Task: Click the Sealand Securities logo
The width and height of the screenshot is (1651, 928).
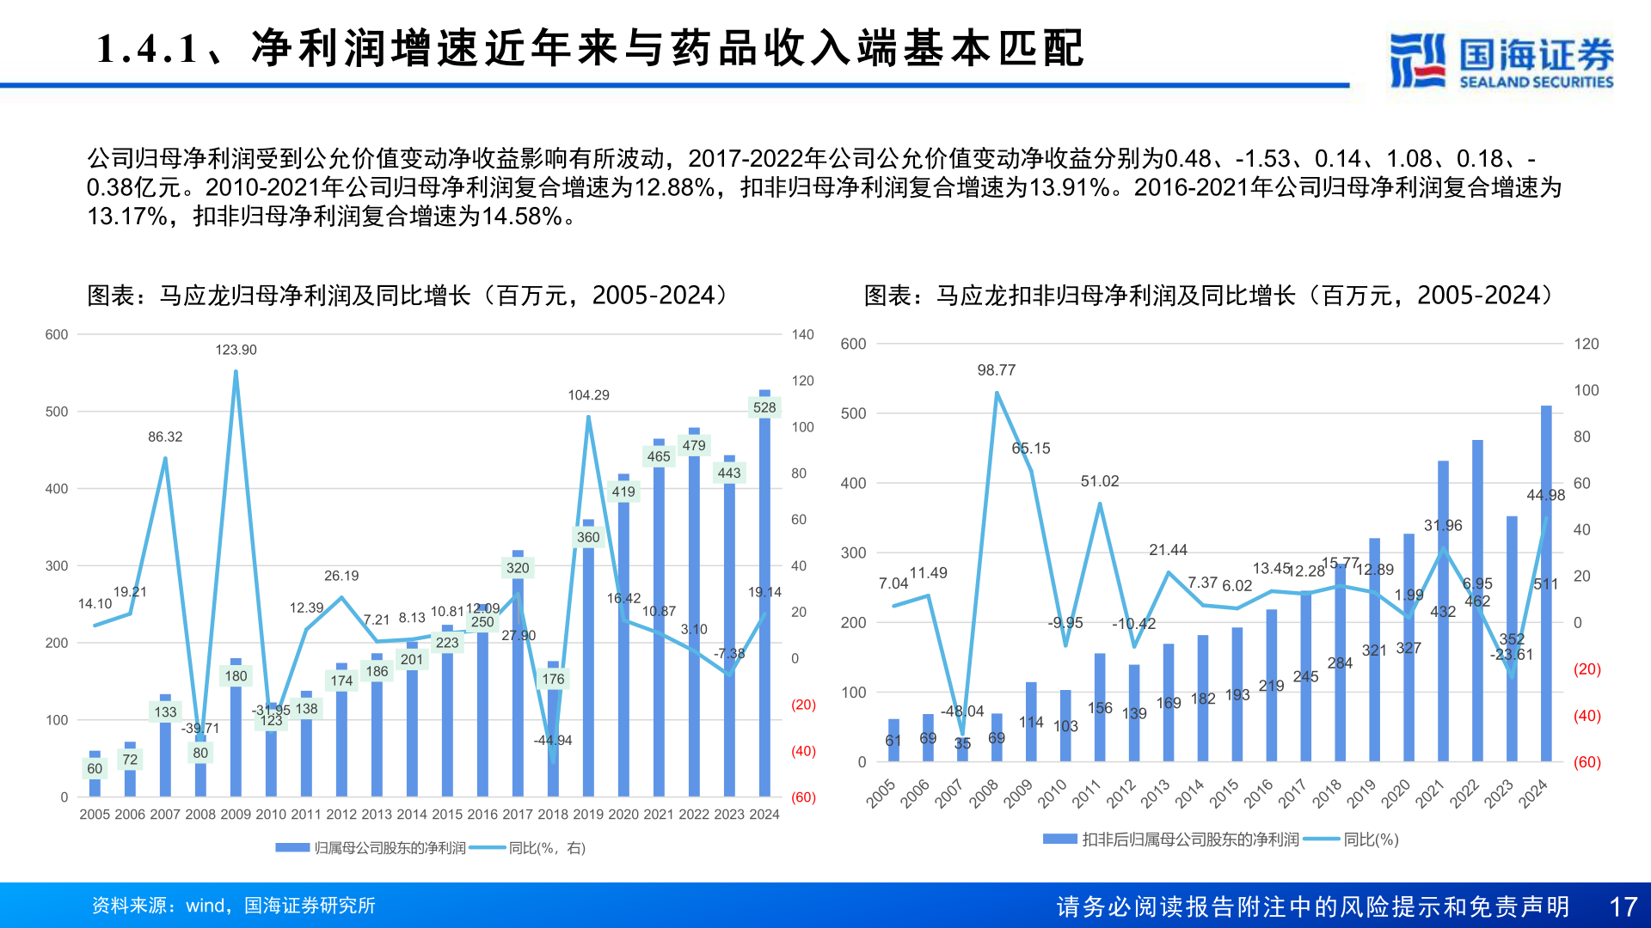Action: tap(1501, 60)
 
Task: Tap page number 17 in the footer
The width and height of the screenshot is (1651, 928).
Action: tap(1623, 907)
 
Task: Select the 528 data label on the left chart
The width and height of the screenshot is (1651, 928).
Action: tap(764, 407)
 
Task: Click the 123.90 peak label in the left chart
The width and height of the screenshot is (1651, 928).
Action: tap(236, 350)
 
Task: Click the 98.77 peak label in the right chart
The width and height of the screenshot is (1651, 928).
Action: tap(996, 370)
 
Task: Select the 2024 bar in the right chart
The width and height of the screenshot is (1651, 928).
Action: tap(1545, 601)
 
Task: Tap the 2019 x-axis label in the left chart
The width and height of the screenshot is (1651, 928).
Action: tap(588, 814)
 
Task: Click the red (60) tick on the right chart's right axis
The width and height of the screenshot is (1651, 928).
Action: tap(1587, 762)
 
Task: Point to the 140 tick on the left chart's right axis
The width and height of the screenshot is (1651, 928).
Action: tap(802, 335)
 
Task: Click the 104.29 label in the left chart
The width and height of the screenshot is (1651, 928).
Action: tap(588, 395)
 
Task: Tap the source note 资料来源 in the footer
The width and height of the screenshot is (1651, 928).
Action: tap(233, 906)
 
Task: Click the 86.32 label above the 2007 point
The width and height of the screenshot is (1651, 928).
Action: tap(165, 437)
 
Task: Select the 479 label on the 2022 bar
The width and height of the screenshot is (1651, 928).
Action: tap(693, 445)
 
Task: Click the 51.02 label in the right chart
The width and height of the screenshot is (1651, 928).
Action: tap(1099, 481)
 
